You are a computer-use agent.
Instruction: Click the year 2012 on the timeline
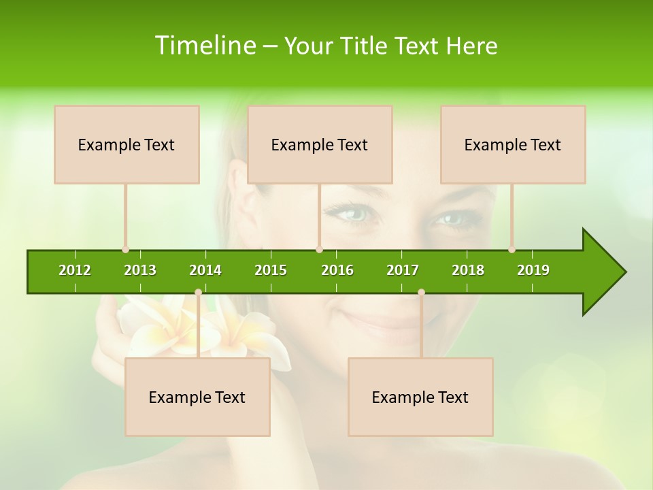coord(75,270)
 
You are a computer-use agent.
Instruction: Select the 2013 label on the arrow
coord(140,270)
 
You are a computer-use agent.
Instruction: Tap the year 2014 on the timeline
coord(205,270)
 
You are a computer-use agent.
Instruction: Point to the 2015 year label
coord(271,270)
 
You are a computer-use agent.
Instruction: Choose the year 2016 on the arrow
coord(337,270)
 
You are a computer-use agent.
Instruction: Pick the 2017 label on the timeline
coord(403,270)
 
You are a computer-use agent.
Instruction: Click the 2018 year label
coord(468,270)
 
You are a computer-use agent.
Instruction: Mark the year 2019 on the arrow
coord(533,270)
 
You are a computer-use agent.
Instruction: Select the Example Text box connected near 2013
coord(127,144)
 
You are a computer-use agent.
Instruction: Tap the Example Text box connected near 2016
coord(320,144)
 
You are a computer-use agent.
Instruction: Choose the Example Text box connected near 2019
coord(513,144)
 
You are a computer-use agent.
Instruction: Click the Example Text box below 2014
coord(197,397)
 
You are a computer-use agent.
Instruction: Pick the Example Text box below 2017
coord(420,397)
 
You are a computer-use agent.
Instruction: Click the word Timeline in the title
coord(204,46)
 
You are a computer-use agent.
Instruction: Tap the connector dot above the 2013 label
coord(125,250)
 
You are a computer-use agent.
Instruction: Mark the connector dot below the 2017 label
coord(421,292)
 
